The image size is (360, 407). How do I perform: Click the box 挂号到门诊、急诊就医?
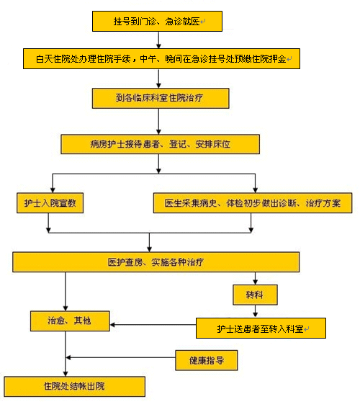[x=157, y=22]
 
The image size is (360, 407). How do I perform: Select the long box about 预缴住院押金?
[x=161, y=58]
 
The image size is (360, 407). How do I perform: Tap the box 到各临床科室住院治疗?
[x=161, y=98]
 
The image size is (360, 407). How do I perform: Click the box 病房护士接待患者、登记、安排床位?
[x=160, y=144]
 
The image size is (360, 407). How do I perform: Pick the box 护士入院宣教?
[x=50, y=203]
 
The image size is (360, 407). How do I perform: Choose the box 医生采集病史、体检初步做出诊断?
[x=253, y=203]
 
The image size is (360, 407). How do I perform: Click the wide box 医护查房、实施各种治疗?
[x=156, y=262]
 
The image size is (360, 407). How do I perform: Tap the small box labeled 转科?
[x=255, y=295]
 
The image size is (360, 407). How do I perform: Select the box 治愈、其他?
[x=70, y=321]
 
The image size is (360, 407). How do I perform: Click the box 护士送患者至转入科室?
[x=261, y=328]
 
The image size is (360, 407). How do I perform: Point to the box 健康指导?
[x=207, y=360]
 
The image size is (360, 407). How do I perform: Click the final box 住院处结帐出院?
[x=74, y=387]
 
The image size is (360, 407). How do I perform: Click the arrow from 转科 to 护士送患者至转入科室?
[x=255, y=311]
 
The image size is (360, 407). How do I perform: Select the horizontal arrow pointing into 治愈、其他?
[x=153, y=325]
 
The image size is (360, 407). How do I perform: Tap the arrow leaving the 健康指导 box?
[x=121, y=358]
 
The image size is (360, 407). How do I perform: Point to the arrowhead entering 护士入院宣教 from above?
[x=53, y=189]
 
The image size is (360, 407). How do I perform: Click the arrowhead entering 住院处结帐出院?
[x=66, y=374]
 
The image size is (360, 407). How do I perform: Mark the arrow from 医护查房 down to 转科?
[x=255, y=278]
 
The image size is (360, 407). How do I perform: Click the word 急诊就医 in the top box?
[x=183, y=22]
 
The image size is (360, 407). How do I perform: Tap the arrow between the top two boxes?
[x=158, y=40]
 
